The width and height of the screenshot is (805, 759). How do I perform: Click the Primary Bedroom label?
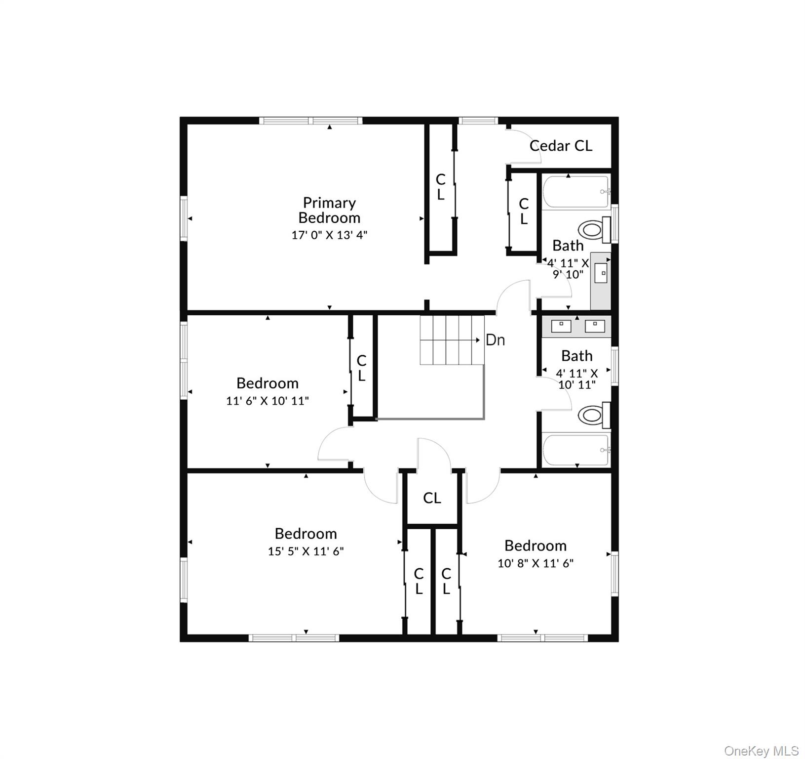[329, 210]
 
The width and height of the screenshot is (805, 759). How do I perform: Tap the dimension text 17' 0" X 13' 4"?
[329, 235]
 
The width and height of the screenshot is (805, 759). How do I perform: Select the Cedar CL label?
[561, 146]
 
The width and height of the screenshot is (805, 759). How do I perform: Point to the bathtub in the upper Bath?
[575, 192]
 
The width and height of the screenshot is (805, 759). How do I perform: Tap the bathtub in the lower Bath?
[575, 449]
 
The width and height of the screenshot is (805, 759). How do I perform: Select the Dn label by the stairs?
[495, 340]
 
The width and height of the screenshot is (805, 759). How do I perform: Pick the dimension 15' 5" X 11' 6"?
[306, 551]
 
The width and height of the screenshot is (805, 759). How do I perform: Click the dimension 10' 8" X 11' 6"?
[536, 563]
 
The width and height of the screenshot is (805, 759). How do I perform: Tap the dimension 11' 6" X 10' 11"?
[268, 401]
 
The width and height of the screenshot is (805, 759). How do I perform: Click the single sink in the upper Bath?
[601, 273]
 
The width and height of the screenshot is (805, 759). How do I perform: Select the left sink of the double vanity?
[561, 326]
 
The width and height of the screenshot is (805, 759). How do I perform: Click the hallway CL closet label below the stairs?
[432, 498]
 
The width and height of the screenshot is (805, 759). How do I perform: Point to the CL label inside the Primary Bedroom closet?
[440, 187]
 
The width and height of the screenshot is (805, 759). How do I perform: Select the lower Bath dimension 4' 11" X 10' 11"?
[576, 379]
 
